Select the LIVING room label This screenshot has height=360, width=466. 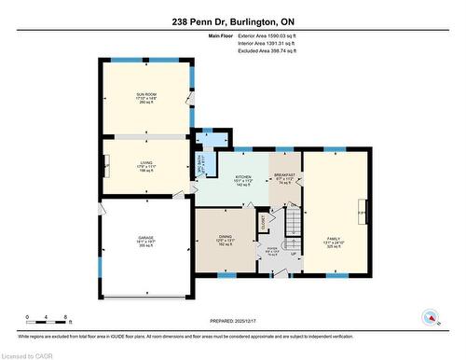point(147,163)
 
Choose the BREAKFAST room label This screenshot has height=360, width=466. point(284,175)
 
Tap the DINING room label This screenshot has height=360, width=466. point(225,238)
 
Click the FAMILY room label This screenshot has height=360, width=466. point(334,239)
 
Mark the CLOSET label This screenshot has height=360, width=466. point(265,224)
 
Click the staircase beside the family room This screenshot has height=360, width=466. point(292,223)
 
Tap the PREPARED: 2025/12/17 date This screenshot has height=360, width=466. point(233,321)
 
